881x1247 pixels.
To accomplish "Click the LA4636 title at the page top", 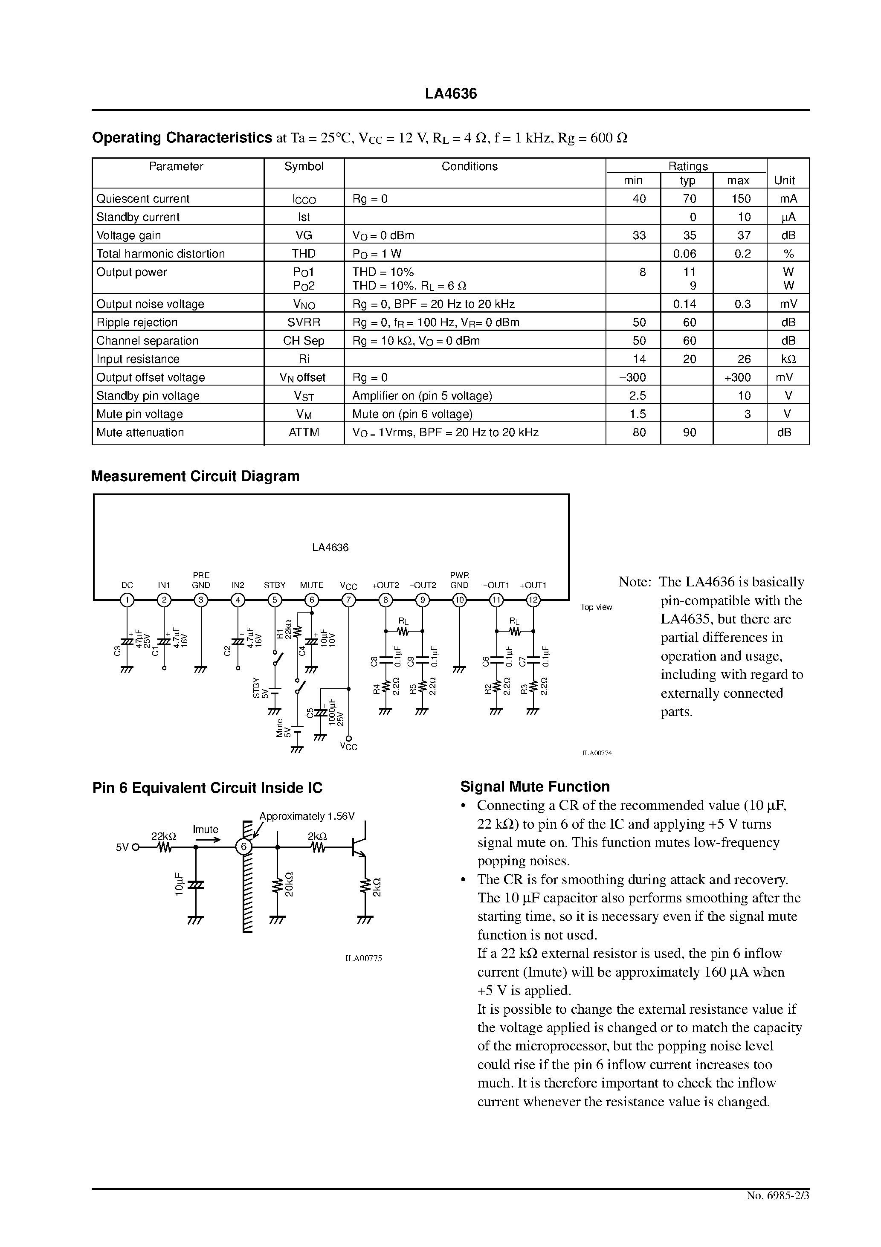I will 450,94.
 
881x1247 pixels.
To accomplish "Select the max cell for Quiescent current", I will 741,199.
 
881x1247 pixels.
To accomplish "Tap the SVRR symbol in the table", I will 304,322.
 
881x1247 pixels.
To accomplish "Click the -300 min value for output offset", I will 633,377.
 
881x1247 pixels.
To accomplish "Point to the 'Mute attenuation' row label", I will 140,432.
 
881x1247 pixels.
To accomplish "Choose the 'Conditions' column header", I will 469,166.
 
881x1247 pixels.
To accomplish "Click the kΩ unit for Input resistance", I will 788,359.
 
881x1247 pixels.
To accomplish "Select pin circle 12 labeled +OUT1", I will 533,600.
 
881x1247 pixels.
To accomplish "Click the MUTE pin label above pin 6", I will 311,586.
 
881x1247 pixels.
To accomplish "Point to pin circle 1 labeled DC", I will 127,600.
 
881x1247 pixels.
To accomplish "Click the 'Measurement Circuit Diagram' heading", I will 195,476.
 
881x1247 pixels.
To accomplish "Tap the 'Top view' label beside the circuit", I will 596,607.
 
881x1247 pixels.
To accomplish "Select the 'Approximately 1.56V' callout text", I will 307,816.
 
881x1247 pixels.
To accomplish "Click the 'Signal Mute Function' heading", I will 535,787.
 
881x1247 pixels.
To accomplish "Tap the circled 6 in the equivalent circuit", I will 244,847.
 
